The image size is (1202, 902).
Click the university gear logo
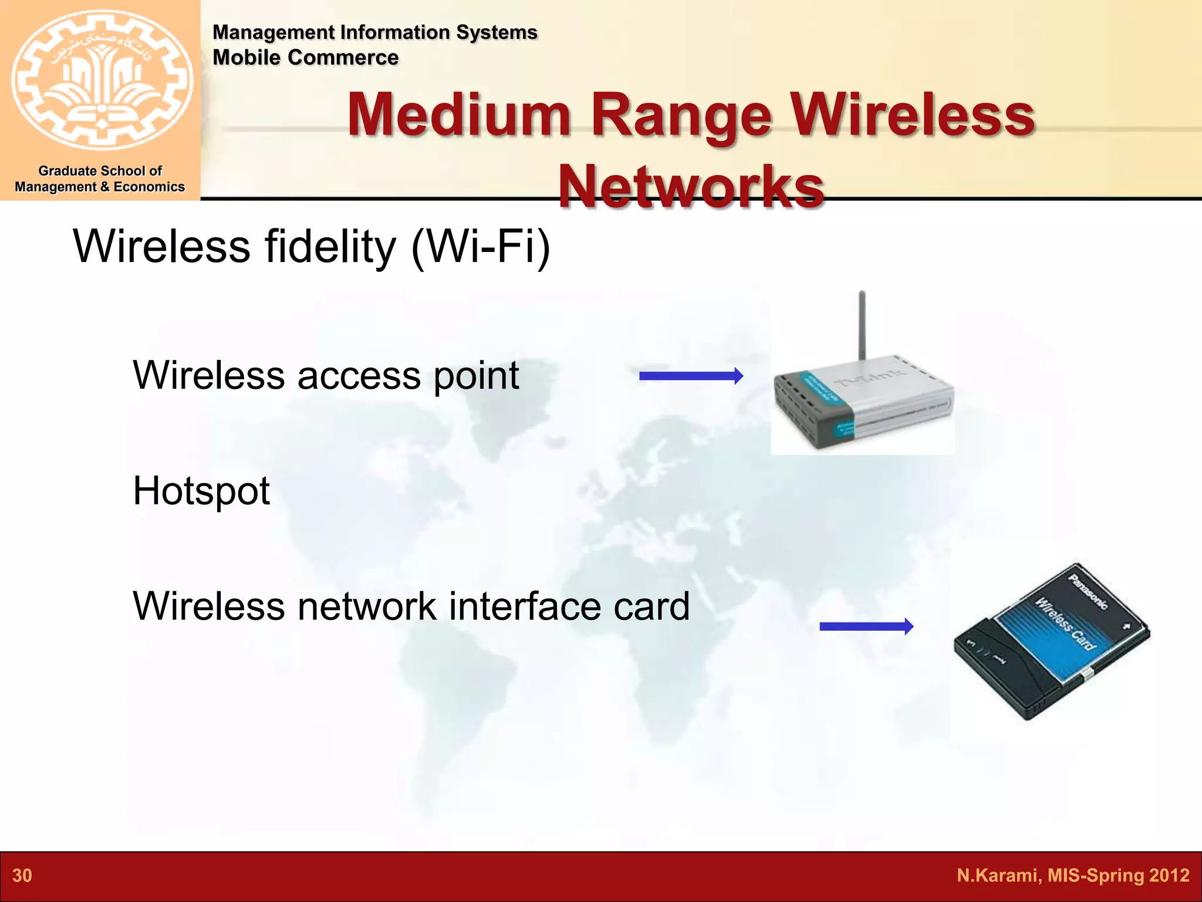pyautogui.click(x=101, y=79)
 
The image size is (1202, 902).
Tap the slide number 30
pyautogui.click(x=22, y=876)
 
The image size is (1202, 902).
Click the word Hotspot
pyautogui.click(x=201, y=491)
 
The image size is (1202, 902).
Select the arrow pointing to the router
pyautogui.click(x=691, y=376)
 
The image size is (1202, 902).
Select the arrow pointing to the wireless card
pyautogui.click(x=866, y=627)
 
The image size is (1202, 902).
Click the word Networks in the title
pyautogui.click(x=691, y=186)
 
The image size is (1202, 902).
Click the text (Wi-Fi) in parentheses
pyautogui.click(x=481, y=247)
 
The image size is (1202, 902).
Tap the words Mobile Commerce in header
pyautogui.click(x=305, y=58)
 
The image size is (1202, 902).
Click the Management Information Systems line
pyautogui.click(x=374, y=32)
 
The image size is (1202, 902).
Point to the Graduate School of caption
pyautogui.click(x=100, y=171)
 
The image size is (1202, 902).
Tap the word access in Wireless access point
pyautogui.click(x=359, y=376)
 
